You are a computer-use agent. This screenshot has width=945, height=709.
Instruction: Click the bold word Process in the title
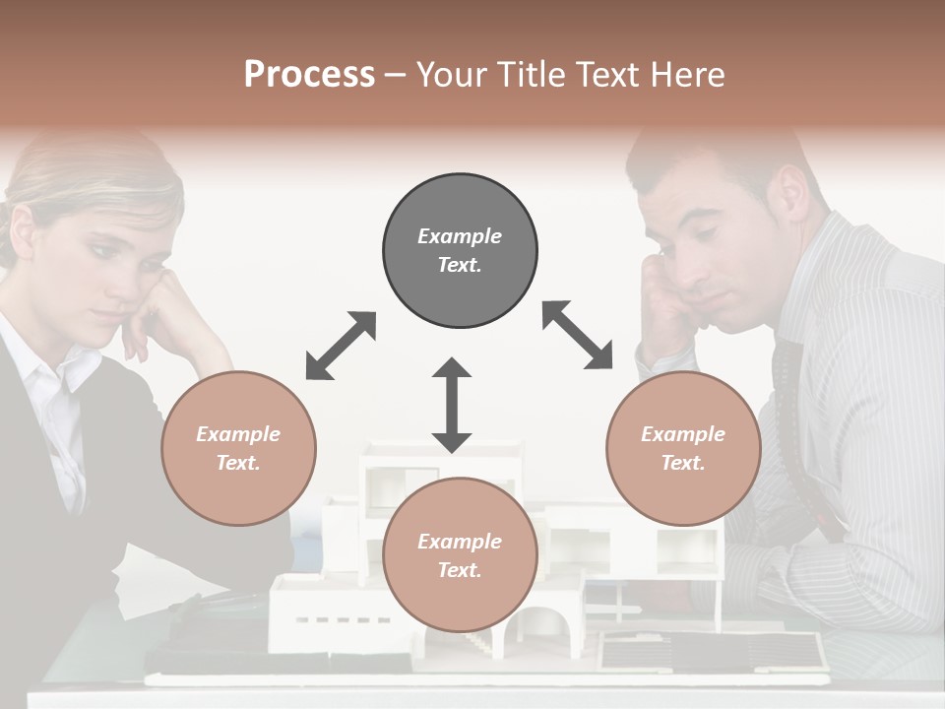pos(309,75)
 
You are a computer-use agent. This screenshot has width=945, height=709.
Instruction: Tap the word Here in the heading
pos(689,75)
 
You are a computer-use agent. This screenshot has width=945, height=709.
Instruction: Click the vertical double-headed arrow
pos(452,405)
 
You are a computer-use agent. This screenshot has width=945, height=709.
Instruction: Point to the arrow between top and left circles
pos(341,345)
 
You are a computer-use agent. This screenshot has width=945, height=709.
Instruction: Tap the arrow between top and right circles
pos(577,335)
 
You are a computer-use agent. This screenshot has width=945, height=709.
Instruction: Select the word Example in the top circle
pos(460,236)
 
